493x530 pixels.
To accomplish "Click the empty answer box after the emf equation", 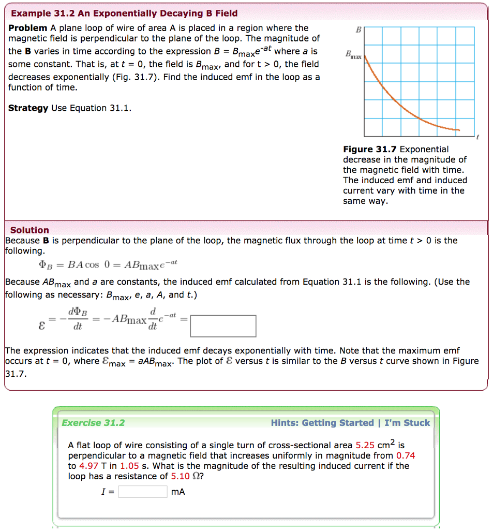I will coord(223,326).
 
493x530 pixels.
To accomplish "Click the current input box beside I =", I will coord(143,492).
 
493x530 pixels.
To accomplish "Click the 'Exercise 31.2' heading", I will coord(93,423).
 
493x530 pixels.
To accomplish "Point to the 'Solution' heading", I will coord(29,230).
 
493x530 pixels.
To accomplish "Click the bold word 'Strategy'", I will coord(28,108).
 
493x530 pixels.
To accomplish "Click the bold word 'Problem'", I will coord(28,28).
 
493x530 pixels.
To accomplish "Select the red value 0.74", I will coord(406,455).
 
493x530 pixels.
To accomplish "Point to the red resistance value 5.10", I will coord(181,476).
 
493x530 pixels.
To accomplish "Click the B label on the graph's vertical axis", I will coord(358,31).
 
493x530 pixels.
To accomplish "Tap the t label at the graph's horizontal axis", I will coord(478,137).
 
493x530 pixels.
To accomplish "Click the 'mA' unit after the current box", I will coord(178,492).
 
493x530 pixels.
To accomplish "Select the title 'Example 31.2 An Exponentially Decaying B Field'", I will coord(124,13).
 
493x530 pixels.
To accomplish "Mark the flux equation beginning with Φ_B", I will coord(108,265).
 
